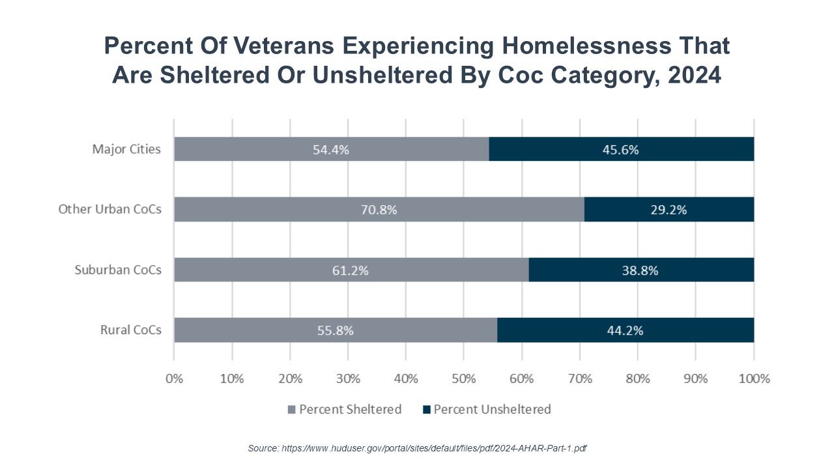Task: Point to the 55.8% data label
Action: (335, 330)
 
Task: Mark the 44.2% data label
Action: (625, 330)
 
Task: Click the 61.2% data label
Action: (351, 270)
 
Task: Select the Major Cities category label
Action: (126, 149)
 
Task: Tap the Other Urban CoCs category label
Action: (109, 210)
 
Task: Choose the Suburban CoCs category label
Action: (118, 270)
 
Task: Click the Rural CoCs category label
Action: (130, 330)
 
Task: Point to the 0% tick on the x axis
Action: (174, 378)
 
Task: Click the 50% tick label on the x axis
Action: (463, 378)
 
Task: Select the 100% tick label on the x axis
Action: (754, 378)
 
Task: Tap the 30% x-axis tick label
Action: (348, 378)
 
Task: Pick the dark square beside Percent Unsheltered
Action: (427, 410)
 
